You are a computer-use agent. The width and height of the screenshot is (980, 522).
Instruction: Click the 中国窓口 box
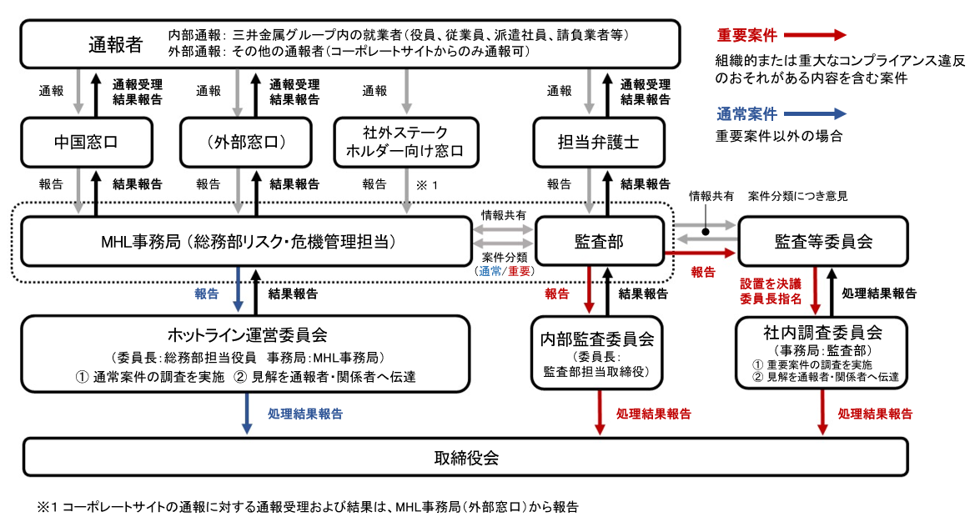(87, 143)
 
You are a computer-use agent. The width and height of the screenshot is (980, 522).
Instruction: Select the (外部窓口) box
(245, 143)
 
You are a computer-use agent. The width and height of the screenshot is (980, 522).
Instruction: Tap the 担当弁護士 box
(599, 143)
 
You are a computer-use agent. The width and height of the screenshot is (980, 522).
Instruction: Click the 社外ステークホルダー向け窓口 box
(406, 143)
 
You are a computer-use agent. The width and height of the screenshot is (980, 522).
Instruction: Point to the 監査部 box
(600, 242)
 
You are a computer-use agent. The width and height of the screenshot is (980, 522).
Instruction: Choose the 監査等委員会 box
(823, 242)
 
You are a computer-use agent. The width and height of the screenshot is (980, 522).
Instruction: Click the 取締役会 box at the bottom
(465, 458)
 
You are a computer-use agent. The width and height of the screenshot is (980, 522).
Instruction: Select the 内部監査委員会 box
(597, 353)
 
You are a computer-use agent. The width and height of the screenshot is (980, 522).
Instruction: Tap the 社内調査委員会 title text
(822, 332)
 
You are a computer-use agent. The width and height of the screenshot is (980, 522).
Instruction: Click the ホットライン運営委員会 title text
(248, 335)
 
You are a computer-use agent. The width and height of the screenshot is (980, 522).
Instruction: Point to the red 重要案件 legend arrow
(815, 35)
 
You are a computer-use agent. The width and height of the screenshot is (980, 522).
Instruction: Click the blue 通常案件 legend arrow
(815, 113)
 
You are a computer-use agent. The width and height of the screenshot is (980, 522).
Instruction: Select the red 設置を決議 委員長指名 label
(771, 291)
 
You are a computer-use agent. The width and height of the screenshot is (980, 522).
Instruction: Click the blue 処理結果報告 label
(305, 414)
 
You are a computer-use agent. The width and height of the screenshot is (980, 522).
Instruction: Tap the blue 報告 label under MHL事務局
(206, 294)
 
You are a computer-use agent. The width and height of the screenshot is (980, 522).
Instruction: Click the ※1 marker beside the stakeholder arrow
(427, 185)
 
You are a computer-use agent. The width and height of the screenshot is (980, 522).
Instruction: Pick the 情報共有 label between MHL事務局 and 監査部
(503, 215)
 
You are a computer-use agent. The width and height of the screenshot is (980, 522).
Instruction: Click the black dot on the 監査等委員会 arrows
(706, 232)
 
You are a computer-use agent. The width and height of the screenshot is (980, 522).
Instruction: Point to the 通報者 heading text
(116, 44)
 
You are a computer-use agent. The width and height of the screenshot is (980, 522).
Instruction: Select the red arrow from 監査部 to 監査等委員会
(700, 253)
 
